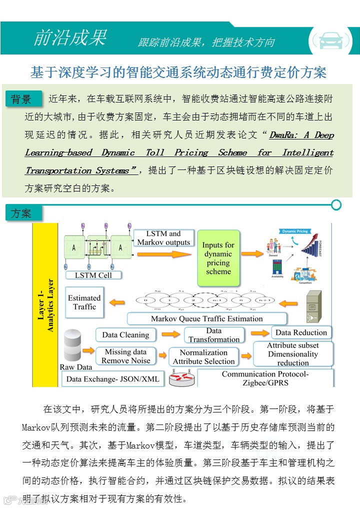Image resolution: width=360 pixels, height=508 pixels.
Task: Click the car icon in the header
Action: (330, 39)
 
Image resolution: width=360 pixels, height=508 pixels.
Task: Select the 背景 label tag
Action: (21, 99)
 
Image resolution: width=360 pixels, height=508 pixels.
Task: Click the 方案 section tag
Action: (21, 213)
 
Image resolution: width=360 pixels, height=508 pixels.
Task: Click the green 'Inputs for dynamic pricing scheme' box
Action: (218, 258)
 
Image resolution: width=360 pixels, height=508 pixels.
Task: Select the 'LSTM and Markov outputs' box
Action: (163, 238)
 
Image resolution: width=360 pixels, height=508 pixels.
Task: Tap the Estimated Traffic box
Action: (84, 302)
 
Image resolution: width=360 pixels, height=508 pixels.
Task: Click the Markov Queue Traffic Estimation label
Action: (207, 318)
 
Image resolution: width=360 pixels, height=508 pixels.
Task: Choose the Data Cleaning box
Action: (125, 334)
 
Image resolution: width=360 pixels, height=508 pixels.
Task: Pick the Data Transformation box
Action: (214, 335)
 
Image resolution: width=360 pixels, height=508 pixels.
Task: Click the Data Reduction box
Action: (301, 332)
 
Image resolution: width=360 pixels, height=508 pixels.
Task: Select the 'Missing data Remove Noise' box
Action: (125, 356)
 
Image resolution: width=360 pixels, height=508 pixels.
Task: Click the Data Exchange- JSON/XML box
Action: (113, 379)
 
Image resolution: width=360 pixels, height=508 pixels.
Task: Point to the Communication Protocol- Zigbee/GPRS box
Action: (265, 378)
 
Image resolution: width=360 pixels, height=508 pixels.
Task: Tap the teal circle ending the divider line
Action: (336, 204)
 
